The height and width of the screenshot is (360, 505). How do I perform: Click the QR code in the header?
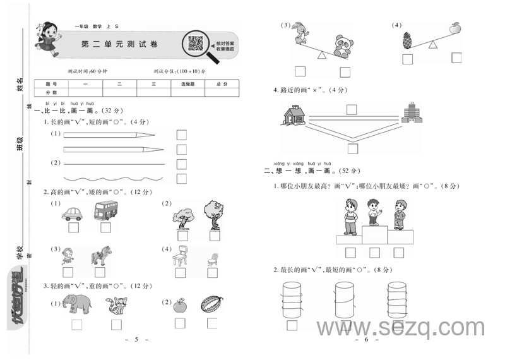(195, 43)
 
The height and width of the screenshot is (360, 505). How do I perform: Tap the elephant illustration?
(76, 304)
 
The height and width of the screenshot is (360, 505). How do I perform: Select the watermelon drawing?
(211, 304)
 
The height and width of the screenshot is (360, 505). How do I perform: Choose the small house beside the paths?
(294, 116)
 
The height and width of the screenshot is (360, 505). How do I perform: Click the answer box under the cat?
(116, 324)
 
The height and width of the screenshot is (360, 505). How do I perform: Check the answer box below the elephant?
(77, 325)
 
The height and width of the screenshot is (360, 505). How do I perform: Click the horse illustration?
(101, 255)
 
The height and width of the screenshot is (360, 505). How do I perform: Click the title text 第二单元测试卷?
(120, 45)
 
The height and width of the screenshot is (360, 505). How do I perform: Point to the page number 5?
(136, 340)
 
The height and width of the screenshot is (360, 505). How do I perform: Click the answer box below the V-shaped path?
(352, 149)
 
